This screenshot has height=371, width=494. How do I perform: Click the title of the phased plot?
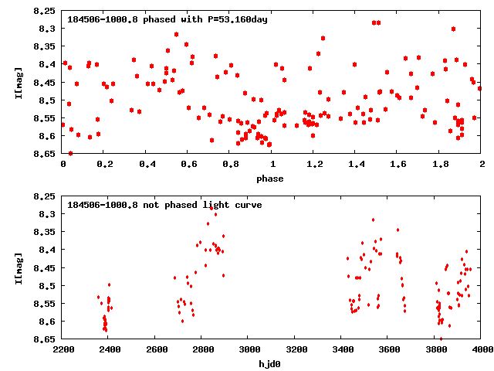[167, 19]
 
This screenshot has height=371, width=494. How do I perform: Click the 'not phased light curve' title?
[164, 205]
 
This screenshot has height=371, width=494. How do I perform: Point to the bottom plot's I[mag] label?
[17, 267]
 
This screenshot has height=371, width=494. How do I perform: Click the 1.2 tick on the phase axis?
[314, 164]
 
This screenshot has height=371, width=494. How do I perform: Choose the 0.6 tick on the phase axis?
[188, 164]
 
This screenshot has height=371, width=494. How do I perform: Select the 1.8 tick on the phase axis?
[440, 164]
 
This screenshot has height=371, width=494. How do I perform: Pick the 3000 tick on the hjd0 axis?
[249, 349]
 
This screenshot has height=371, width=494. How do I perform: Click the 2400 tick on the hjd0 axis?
[109, 349]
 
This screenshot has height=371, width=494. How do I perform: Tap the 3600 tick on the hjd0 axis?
[388, 349]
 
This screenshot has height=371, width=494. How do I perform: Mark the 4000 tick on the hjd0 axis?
[482, 349]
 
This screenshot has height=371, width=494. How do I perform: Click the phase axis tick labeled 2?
[482, 164]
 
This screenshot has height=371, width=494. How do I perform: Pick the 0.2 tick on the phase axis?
[105, 164]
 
